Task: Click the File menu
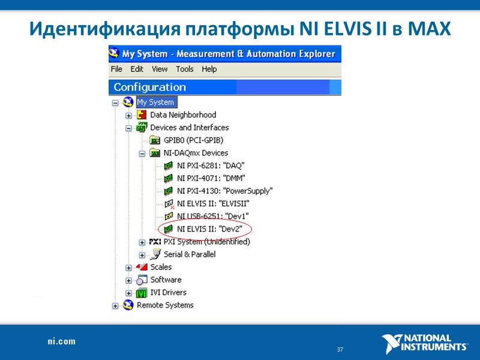pyautogui.click(x=116, y=69)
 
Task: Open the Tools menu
pyautogui.click(x=185, y=69)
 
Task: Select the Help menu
pyautogui.click(x=209, y=69)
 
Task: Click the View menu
pyautogui.click(x=160, y=69)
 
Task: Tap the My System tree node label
pyautogui.click(x=155, y=102)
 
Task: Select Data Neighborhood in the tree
pyautogui.click(x=183, y=115)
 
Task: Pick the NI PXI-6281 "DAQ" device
pyautogui.click(x=211, y=165)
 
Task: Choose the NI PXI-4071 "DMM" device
pyautogui.click(x=211, y=178)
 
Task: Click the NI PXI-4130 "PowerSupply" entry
pyautogui.click(x=224, y=191)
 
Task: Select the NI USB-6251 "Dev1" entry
pyautogui.click(x=212, y=216)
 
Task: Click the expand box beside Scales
pyautogui.click(x=128, y=268)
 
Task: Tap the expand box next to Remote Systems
pyautogui.click(x=116, y=305)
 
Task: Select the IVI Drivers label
pyautogui.click(x=168, y=292)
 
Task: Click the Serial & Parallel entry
pyautogui.click(x=190, y=254)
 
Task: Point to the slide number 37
pyautogui.click(x=340, y=350)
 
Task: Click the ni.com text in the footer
pyautogui.click(x=62, y=341)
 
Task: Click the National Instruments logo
pyautogui.click(x=425, y=343)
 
